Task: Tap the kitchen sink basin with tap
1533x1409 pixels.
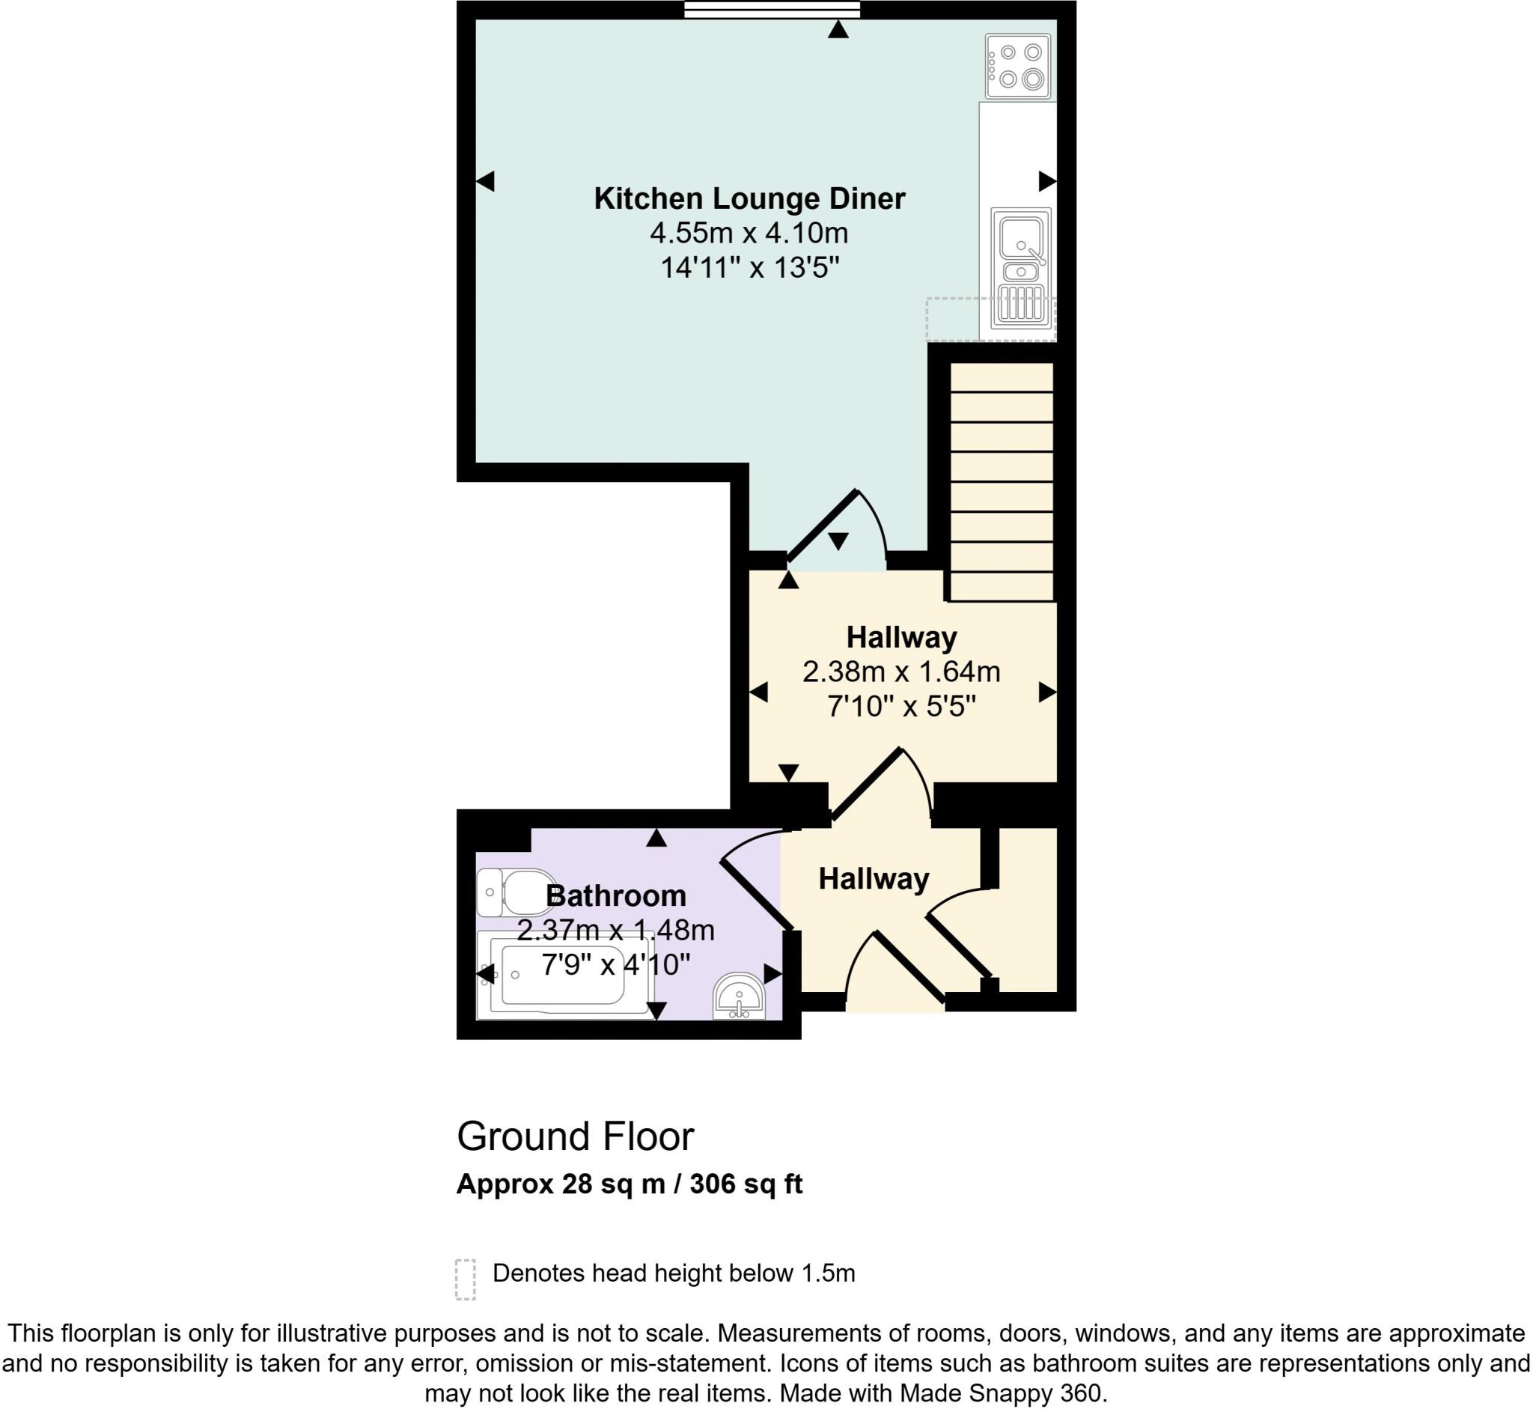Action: tap(1021, 239)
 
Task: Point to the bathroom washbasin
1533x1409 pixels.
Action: tap(739, 998)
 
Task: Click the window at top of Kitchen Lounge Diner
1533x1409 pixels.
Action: tap(772, 9)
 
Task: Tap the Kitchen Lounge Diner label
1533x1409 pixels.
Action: tap(749, 199)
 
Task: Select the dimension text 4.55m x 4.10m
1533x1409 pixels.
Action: tap(749, 234)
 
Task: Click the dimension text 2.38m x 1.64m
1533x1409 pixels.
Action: tap(901, 672)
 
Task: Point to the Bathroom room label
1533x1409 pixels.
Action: tap(616, 895)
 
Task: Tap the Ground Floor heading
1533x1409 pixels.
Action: tap(576, 1136)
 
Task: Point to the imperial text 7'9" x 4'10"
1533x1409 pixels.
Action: tap(616, 965)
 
